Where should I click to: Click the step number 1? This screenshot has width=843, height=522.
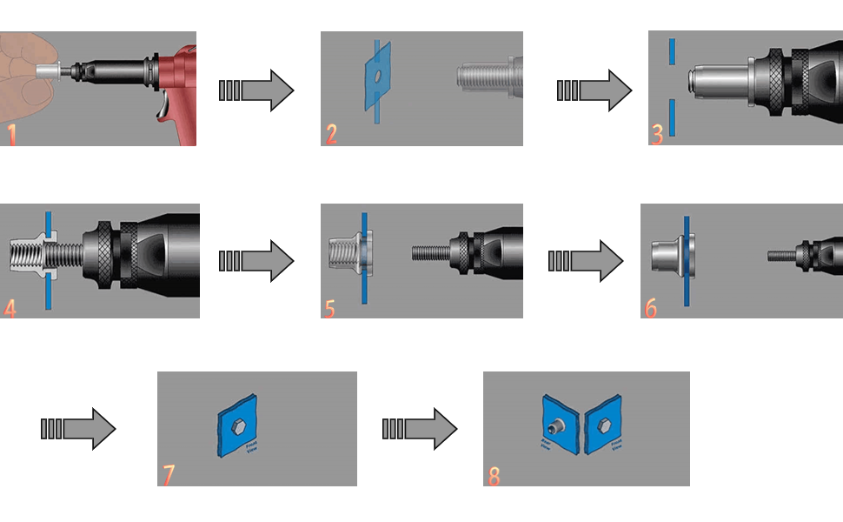coord(11,135)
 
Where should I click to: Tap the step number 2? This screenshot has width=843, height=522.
coord(331,134)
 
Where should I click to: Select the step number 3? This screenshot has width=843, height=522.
coord(657,134)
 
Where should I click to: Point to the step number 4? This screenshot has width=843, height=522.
coord(10,307)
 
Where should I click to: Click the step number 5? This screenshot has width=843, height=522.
coord(329,307)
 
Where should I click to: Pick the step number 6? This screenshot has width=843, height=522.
coord(650,308)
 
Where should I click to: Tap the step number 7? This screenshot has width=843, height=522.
coord(169,475)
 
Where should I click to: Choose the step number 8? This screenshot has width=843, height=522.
coord(494,475)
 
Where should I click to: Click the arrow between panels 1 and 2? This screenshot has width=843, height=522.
coord(256,90)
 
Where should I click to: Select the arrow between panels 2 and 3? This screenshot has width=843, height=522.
coord(594,90)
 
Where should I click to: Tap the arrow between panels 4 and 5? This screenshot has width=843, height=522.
coord(256,260)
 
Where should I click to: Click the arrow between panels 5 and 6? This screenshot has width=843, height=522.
coord(585,260)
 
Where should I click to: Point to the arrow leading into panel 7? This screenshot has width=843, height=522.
coord(78,428)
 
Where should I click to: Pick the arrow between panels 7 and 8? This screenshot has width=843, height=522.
coord(419,428)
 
